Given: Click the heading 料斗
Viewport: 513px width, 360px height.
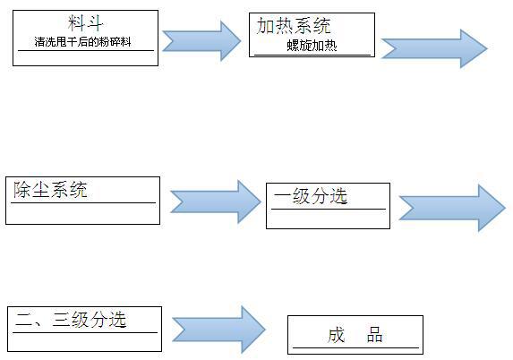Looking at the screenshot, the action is [85, 23].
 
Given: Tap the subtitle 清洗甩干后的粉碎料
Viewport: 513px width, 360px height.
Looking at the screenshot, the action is [82, 42].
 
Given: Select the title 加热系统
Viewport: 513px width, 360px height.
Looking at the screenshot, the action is [294, 26].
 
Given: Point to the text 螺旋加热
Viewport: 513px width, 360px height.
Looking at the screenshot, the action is [312, 46].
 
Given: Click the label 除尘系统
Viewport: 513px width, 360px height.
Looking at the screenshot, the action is [50, 190].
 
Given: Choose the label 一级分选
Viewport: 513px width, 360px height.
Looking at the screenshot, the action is [311, 196].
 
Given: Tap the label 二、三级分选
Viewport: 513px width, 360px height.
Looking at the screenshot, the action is [71, 320].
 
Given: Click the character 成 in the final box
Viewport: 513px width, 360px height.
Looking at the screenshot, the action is [337, 335].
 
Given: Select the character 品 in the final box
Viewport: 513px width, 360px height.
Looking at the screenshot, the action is [374, 335].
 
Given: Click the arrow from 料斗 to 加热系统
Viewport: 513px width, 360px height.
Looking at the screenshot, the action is [201, 41].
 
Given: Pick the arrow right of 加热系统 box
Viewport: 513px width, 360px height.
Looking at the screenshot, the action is [434, 48].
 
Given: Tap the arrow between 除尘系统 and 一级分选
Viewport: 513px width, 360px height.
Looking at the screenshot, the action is [216, 201].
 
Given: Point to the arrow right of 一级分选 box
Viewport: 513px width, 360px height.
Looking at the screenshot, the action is [452, 208].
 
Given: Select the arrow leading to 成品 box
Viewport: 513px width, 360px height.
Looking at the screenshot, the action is [218, 330].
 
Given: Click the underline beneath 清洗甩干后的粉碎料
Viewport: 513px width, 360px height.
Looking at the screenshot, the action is [86, 50].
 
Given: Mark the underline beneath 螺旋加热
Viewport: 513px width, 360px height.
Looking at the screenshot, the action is [312, 55].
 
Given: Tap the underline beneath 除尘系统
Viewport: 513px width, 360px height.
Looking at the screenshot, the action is [83, 203].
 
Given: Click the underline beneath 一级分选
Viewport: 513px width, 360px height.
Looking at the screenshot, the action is [329, 209].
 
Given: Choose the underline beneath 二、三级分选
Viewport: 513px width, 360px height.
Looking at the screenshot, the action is [85, 333].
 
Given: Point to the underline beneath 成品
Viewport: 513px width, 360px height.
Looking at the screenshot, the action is [355, 347].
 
